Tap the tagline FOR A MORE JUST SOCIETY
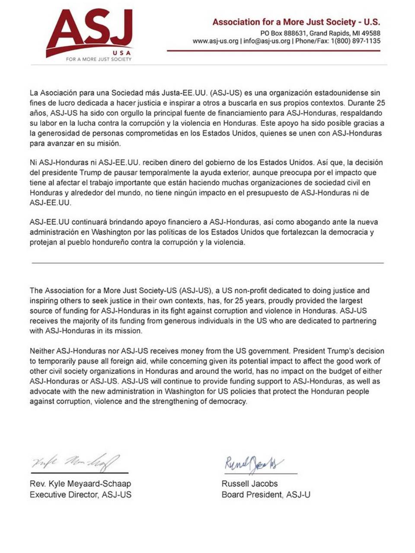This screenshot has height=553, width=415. pos(99,59)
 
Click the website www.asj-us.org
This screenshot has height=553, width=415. pos(215,41)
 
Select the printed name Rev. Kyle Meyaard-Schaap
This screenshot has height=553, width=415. pos(80,483)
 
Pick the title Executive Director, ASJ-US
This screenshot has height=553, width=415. pos(80,495)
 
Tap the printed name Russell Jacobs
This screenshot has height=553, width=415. pos(249,483)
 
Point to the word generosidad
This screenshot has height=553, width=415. pos(63,133)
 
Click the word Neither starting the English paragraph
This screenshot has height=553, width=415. pos(42,351)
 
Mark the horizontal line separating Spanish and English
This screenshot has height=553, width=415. pos(207,263)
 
